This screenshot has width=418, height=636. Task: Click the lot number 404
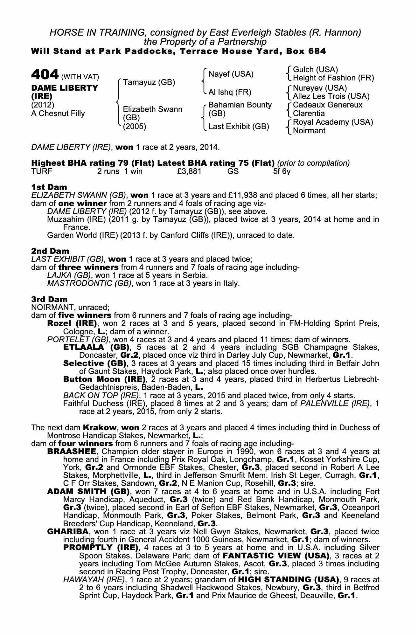45,75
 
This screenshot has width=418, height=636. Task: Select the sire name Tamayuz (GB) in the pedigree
149,82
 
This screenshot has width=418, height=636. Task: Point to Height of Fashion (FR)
333,78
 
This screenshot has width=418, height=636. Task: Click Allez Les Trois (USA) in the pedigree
331,96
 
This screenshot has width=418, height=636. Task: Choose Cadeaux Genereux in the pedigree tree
327,105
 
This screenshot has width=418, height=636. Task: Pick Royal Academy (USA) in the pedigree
333,122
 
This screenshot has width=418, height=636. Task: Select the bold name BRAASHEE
71,452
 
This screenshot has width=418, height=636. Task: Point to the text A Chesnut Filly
58,114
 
